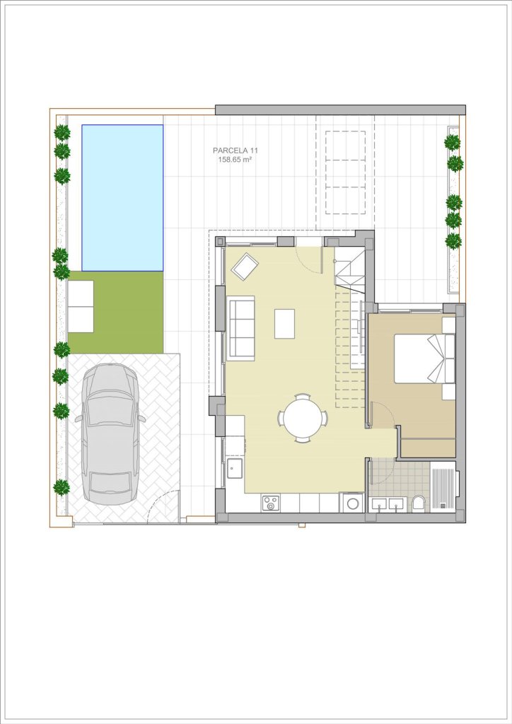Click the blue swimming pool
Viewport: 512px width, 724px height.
[122, 198]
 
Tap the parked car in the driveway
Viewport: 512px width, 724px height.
[110, 434]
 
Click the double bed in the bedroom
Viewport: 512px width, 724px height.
[424, 358]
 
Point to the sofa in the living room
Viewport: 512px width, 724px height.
[240, 328]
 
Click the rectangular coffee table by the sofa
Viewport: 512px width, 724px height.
[284, 324]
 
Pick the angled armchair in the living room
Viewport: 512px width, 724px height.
[245, 267]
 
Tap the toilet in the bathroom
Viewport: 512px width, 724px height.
[419, 502]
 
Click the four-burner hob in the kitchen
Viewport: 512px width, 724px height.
[271, 503]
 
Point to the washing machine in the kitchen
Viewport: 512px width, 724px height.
[351, 503]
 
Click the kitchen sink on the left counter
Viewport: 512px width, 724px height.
[235, 469]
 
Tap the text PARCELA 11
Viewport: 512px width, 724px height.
[235, 151]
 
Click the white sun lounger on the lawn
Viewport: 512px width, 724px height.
[81, 306]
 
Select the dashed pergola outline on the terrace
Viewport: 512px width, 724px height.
[345, 173]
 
